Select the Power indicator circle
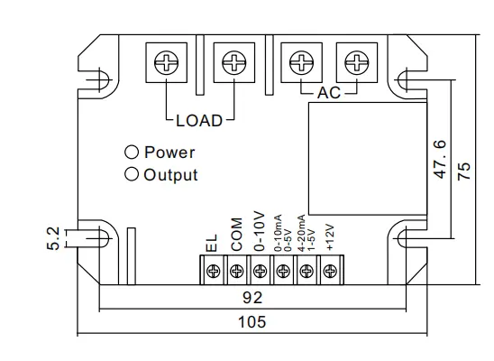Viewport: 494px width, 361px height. (x=132, y=153)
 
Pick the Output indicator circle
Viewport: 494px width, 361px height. (x=132, y=174)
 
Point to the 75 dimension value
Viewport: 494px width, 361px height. (x=463, y=172)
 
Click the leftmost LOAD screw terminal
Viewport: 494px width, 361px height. (x=166, y=64)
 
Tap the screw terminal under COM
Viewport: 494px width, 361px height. (x=236, y=269)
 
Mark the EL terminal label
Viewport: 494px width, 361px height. (x=213, y=244)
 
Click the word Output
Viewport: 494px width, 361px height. (x=171, y=175)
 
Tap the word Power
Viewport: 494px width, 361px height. (x=169, y=153)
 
